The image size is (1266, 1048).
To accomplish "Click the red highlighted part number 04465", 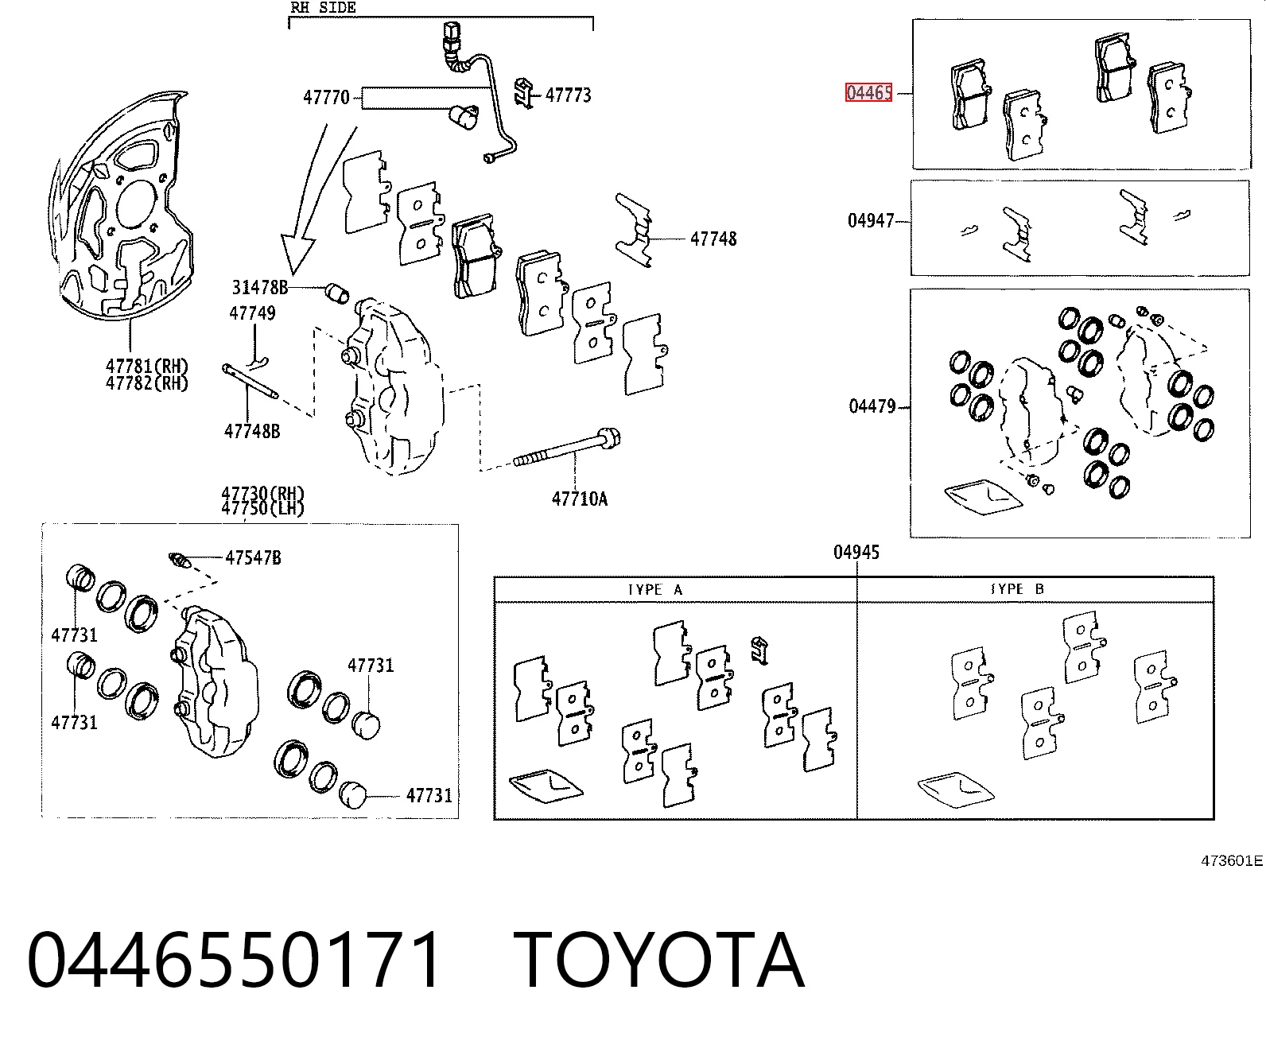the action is pyautogui.click(x=869, y=93).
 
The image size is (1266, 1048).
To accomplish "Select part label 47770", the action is pyautogui.click(x=326, y=98).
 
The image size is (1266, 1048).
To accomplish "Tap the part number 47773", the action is pyautogui.click(x=568, y=95).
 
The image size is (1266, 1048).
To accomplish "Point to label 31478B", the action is pyautogui.click(x=260, y=288).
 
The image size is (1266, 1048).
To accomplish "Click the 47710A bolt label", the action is pyautogui.click(x=580, y=499).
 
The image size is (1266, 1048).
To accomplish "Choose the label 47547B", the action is pyautogui.click(x=254, y=558).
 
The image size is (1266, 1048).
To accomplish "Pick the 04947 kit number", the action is pyautogui.click(x=871, y=221).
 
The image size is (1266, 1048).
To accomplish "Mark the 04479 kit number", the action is pyautogui.click(x=872, y=406).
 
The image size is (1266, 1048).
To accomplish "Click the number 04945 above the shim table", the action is pyautogui.click(x=856, y=553).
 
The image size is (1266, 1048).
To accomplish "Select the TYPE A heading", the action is pyautogui.click(x=654, y=589).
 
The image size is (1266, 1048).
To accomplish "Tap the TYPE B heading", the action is pyautogui.click(x=1017, y=589).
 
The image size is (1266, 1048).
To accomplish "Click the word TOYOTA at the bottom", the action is pyautogui.click(x=659, y=961).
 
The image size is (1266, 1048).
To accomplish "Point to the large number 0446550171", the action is pyautogui.click(x=234, y=961).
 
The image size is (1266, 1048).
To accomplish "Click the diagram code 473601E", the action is pyautogui.click(x=1232, y=860).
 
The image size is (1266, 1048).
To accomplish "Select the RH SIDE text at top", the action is pyautogui.click(x=323, y=7).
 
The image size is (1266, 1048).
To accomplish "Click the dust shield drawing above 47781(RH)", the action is pyautogui.click(x=121, y=205).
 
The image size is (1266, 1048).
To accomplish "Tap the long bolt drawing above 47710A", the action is pyautogui.click(x=567, y=448).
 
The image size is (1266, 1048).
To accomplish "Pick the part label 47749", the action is pyautogui.click(x=252, y=313).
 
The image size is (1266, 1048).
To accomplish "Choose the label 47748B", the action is pyautogui.click(x=252, y=431).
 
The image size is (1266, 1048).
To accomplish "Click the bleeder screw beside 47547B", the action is pyautogui.click(x=180, y=561).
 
